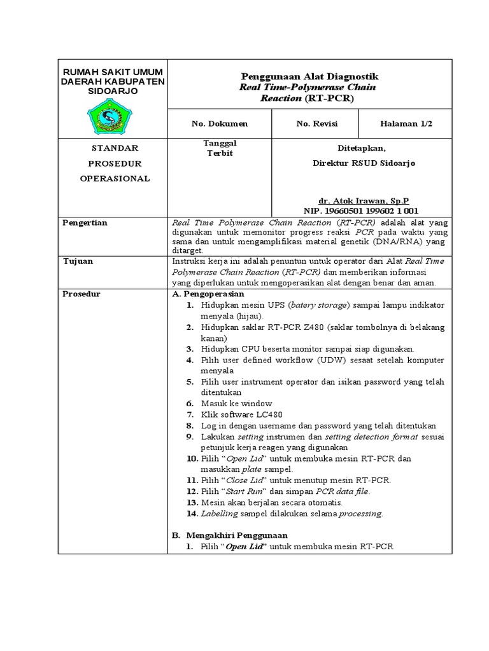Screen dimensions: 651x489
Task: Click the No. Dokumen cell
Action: [220, 123]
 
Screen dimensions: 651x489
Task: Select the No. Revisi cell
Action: [316, 123]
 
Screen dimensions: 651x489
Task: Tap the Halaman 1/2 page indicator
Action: [406, 123]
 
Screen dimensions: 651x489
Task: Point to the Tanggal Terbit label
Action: [219, 148]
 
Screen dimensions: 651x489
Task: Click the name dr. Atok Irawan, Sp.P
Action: [364, 200]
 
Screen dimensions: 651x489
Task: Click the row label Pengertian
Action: [85, 223]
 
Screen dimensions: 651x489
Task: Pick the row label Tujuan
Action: [78, 261]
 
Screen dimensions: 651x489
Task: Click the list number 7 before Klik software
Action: [189, 415]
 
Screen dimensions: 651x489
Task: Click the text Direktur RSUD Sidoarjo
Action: [364, 163]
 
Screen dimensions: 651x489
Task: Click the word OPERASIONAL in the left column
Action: [115, 179]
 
